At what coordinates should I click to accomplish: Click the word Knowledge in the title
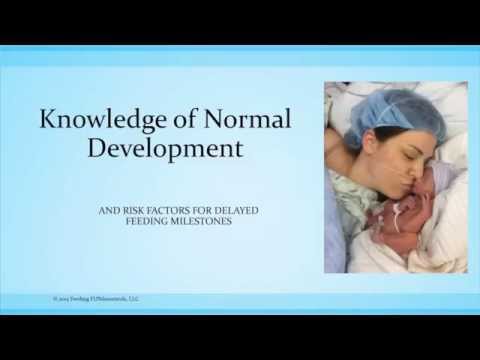click(100, 122)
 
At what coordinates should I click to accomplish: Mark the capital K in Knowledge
click(47, 122)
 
